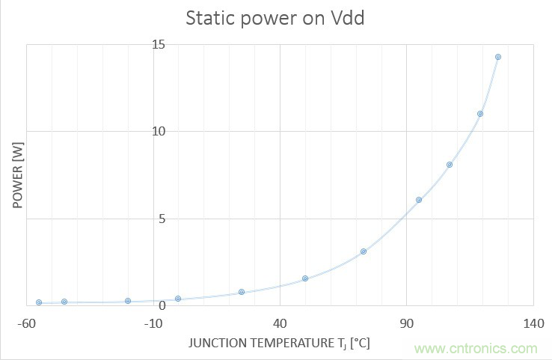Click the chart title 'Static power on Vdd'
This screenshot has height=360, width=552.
[275, 18]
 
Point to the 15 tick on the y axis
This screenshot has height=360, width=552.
[159, 44]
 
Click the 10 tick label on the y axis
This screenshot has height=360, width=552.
[159, 132]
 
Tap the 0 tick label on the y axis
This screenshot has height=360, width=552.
[162, 305]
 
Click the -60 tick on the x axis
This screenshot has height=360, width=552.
[26, 323]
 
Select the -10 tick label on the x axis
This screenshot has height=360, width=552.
[153, 323]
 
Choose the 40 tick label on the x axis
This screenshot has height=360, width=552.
[280, 323]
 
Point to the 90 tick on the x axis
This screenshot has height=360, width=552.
[406, 323]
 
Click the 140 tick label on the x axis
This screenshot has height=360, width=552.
[533, 323]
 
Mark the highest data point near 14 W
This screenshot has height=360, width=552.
[498, 57]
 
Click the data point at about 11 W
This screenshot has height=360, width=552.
[480, 114]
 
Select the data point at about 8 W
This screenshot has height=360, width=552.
[450, 165]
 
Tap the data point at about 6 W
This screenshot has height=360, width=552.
[419, 200]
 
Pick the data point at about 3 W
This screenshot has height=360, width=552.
[364, 251]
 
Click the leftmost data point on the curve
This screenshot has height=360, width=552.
[39, 302]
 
